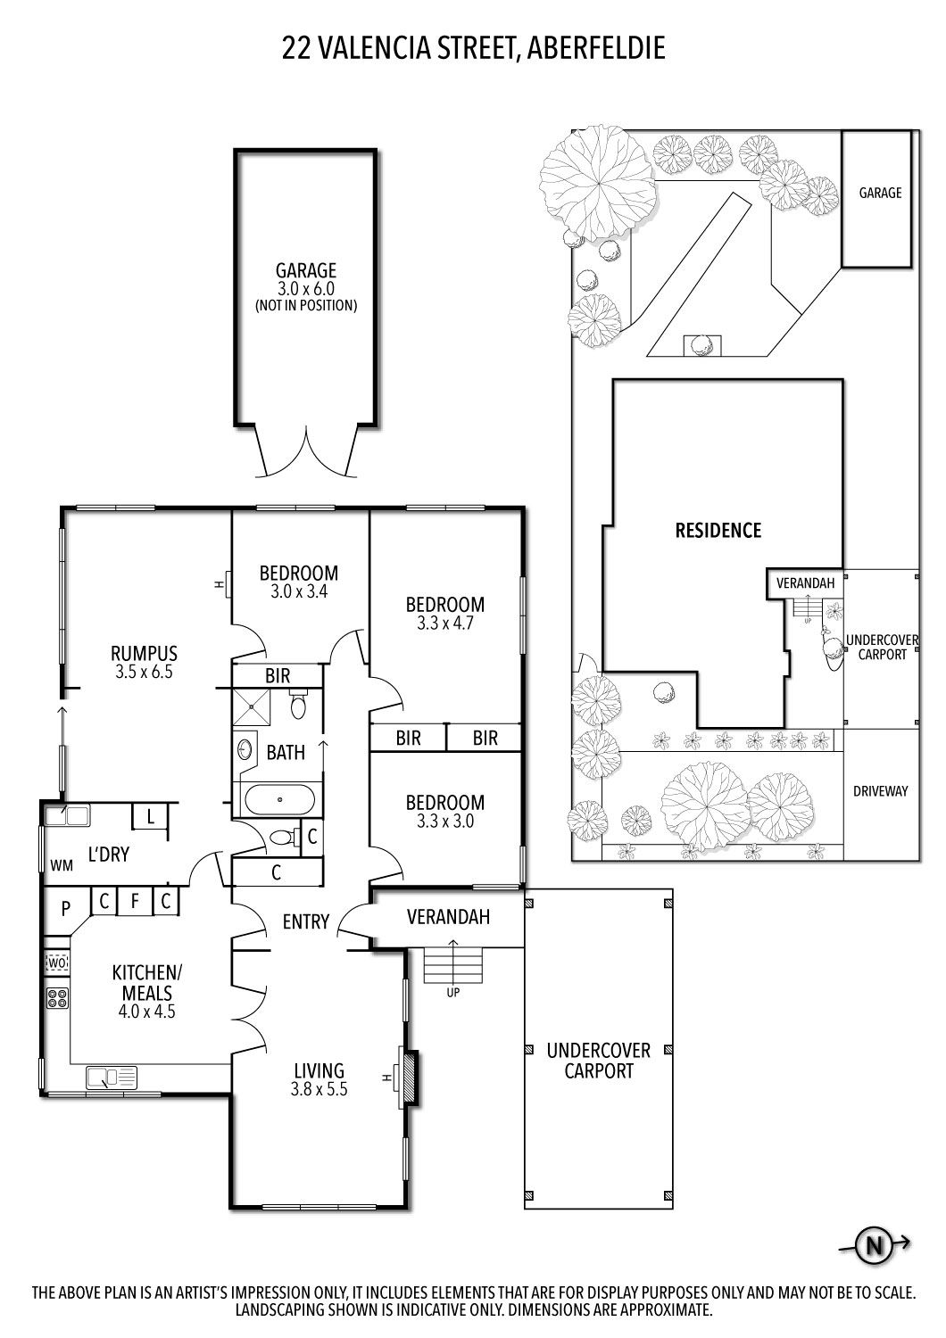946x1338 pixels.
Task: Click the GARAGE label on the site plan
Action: [x=880, y=193]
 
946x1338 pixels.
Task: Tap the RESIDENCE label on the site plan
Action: [x=718, y=531]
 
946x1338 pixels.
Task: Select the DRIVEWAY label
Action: [x=880, y=790]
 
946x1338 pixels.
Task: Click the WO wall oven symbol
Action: [x=57, y=962]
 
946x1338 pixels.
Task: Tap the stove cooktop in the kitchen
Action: [x=57, y=998]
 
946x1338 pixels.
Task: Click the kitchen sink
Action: [x=112, y=1078]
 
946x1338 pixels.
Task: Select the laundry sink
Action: [x=67, y=814]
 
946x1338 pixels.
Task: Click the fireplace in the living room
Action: [x=411, y=1078]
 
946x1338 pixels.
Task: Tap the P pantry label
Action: [x=65, y=909]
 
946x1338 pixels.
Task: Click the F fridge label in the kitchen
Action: [x=135, y=901]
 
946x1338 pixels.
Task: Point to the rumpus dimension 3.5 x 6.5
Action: [x=144, y=671]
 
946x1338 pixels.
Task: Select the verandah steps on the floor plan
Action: [x=452, y=965]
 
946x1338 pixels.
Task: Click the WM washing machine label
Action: [x=62, y=865]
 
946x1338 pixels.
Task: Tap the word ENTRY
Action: [x=306, y=921]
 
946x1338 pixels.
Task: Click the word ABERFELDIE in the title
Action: [x=596, y=48]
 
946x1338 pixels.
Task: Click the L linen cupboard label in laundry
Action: [x=150, y=816]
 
